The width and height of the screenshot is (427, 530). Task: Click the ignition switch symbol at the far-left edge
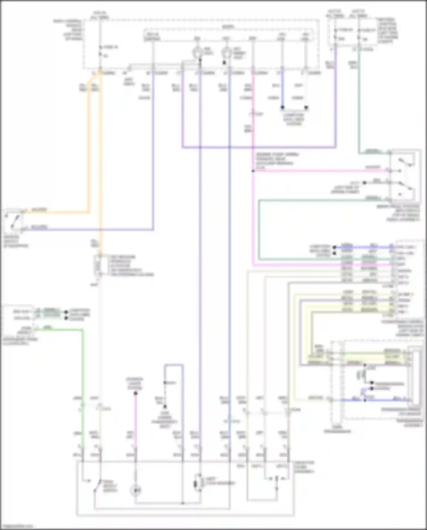point(13,221)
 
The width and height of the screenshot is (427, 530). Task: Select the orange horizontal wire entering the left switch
point(57,212)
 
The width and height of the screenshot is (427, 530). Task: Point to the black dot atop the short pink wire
point(136,393)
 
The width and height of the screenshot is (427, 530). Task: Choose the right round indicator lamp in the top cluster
point(227,52)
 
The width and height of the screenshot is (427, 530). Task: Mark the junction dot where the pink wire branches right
point(253,171)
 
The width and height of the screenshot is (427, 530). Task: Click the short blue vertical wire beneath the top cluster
point(282,88)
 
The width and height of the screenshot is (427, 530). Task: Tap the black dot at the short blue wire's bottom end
point(282,108)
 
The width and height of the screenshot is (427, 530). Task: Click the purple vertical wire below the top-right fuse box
point(336,100)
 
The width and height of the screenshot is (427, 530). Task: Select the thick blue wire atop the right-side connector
point(367,247)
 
